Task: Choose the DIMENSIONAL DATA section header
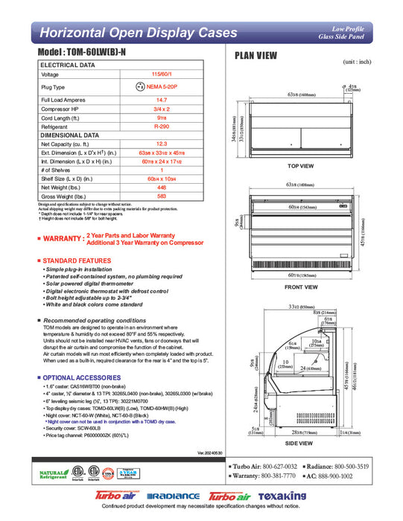pyautogui.click(x=70, y=135)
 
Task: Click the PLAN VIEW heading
pyautogui.click(x=256, y=55)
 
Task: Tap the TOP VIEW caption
pyautogui.click(x=301, y=166)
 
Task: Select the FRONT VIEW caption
pyautogui.click(x=301, y=287)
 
